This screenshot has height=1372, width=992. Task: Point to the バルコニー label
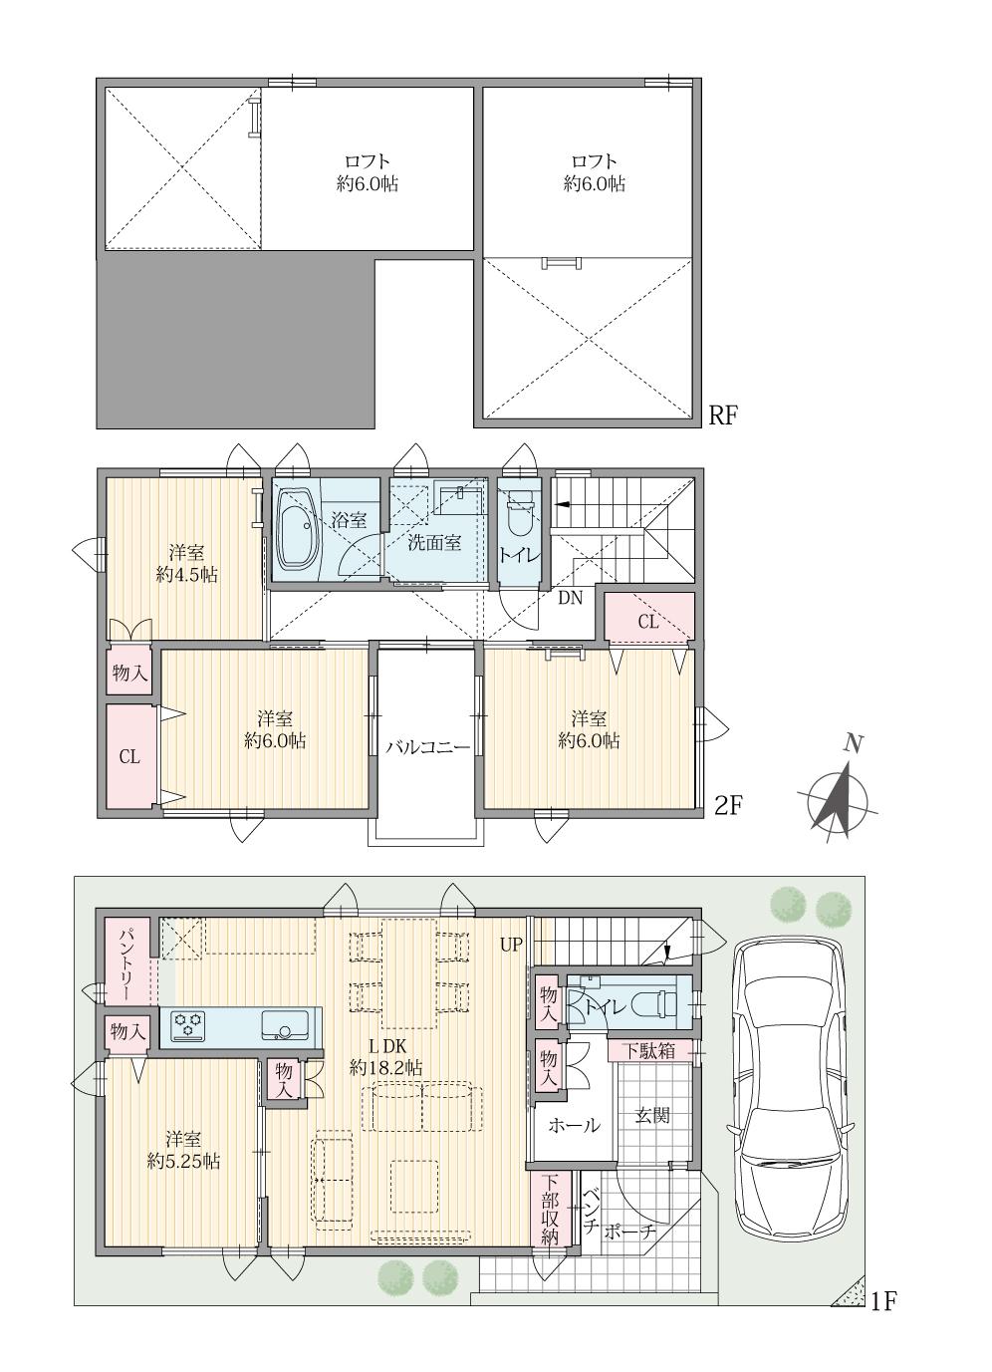427,746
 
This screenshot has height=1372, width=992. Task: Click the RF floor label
722,415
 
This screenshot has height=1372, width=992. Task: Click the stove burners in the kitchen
188,1024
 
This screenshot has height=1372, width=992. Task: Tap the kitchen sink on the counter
286,1024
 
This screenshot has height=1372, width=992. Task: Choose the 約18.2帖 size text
385,1067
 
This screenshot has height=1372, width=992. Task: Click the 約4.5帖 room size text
187,575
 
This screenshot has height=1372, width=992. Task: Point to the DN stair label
570,598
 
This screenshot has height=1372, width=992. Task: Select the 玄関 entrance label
652,1115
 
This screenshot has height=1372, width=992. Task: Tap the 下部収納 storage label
550,1209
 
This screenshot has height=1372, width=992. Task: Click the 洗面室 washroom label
434,543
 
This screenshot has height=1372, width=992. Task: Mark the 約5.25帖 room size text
184,1161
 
